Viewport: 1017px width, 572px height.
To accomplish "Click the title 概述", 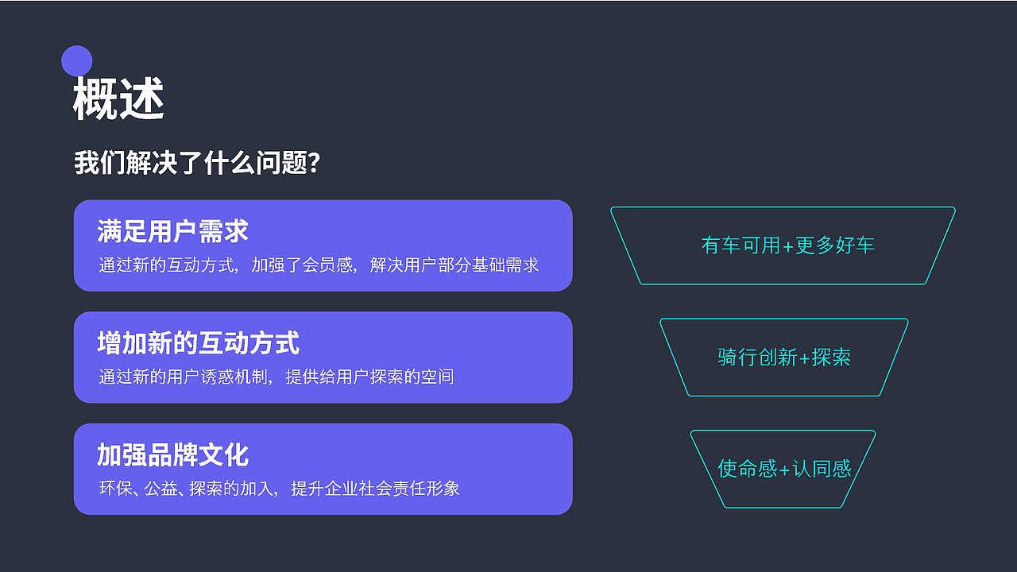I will [118, 99].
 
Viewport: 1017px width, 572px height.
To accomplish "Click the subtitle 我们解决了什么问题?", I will [197, 162].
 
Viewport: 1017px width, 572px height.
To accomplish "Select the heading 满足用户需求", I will [172, 231].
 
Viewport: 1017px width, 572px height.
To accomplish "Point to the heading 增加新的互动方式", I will [198, 343].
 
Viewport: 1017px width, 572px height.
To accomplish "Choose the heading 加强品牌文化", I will [172, 455].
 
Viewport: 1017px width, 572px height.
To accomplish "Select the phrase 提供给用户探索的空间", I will [369, 377].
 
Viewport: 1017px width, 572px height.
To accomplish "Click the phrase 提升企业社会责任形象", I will [376, 489].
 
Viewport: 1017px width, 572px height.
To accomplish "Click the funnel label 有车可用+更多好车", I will [787, 245].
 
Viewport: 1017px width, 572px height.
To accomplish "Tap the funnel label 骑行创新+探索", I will [784, 357].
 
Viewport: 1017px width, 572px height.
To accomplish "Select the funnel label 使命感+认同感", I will [784, 469].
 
